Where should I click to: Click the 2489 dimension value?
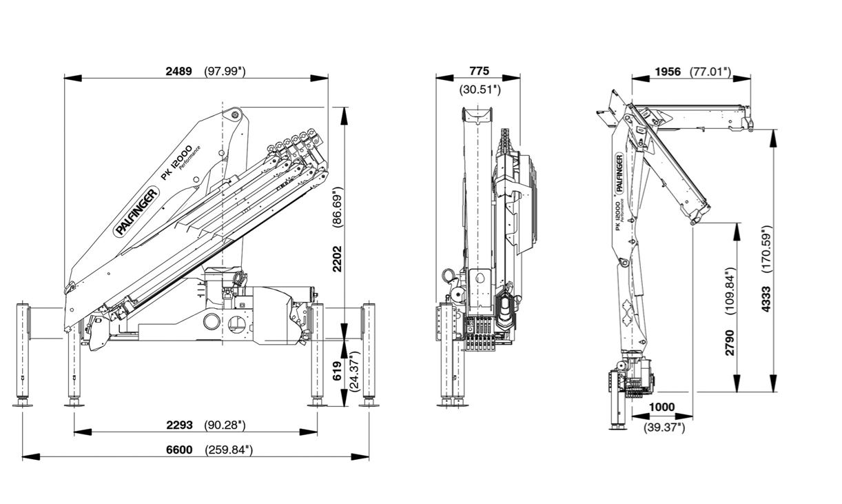coord(179,71)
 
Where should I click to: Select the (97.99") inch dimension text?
coord(225,71)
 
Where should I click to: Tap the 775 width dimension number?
coord(480,71)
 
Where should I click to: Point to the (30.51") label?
coord(480,90)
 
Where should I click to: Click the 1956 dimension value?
coord(668,72)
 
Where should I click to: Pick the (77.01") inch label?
coord(710,72)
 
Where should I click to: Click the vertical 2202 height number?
coord(337,259)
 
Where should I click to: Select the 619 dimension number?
coord(337,371)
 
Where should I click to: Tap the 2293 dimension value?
coord(179,425)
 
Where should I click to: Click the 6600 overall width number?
coord(179,450)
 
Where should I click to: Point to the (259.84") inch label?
coord(229,450)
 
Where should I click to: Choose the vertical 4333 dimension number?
coord(766,299)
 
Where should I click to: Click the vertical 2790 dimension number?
coord(730,343)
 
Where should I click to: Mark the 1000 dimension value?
coord(661,407)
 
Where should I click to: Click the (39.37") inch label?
coord(664,427)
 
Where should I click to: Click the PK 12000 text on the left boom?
coord(176,163)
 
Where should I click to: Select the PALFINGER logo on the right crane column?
coord(619,173)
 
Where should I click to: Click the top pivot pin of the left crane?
coord(236,114)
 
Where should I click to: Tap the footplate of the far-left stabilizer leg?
coord(23,405)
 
